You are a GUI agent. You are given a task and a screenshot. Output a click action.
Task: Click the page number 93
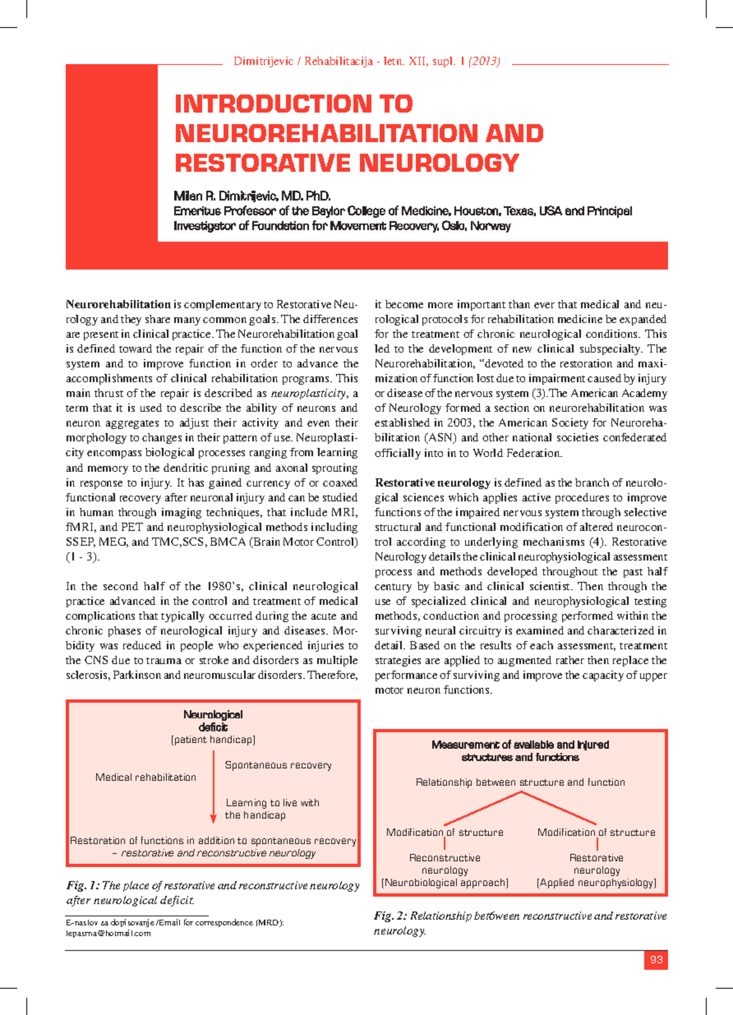656,959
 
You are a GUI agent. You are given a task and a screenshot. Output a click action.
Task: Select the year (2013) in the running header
484,61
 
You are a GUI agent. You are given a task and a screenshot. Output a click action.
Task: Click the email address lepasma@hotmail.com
108,933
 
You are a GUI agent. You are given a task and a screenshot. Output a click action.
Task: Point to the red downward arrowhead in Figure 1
213,819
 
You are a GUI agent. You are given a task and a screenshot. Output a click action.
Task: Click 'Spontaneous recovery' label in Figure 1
278,765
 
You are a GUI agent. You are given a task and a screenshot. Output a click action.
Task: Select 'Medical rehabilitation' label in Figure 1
145,777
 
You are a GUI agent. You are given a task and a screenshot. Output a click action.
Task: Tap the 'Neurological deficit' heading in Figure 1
213,720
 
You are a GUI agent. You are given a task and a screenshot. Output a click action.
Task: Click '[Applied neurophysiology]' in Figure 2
596,882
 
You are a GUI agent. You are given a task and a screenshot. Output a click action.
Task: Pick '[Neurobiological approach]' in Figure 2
445,882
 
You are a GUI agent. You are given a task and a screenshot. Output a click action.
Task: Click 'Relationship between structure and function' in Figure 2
520,782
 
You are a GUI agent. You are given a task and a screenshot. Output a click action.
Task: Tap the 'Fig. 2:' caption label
390,916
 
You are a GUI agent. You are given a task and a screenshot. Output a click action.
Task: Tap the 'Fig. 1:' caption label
82,885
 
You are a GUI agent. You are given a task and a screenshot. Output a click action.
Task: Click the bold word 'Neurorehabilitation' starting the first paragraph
119,304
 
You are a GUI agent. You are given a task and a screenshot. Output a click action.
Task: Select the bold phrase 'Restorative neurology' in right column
432,483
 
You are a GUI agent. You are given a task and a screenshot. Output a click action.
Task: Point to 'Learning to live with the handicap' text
272,809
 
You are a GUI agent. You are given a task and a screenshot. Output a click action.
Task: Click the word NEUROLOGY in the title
439,163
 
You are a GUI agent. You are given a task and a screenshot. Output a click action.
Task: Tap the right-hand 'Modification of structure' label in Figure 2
596,832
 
